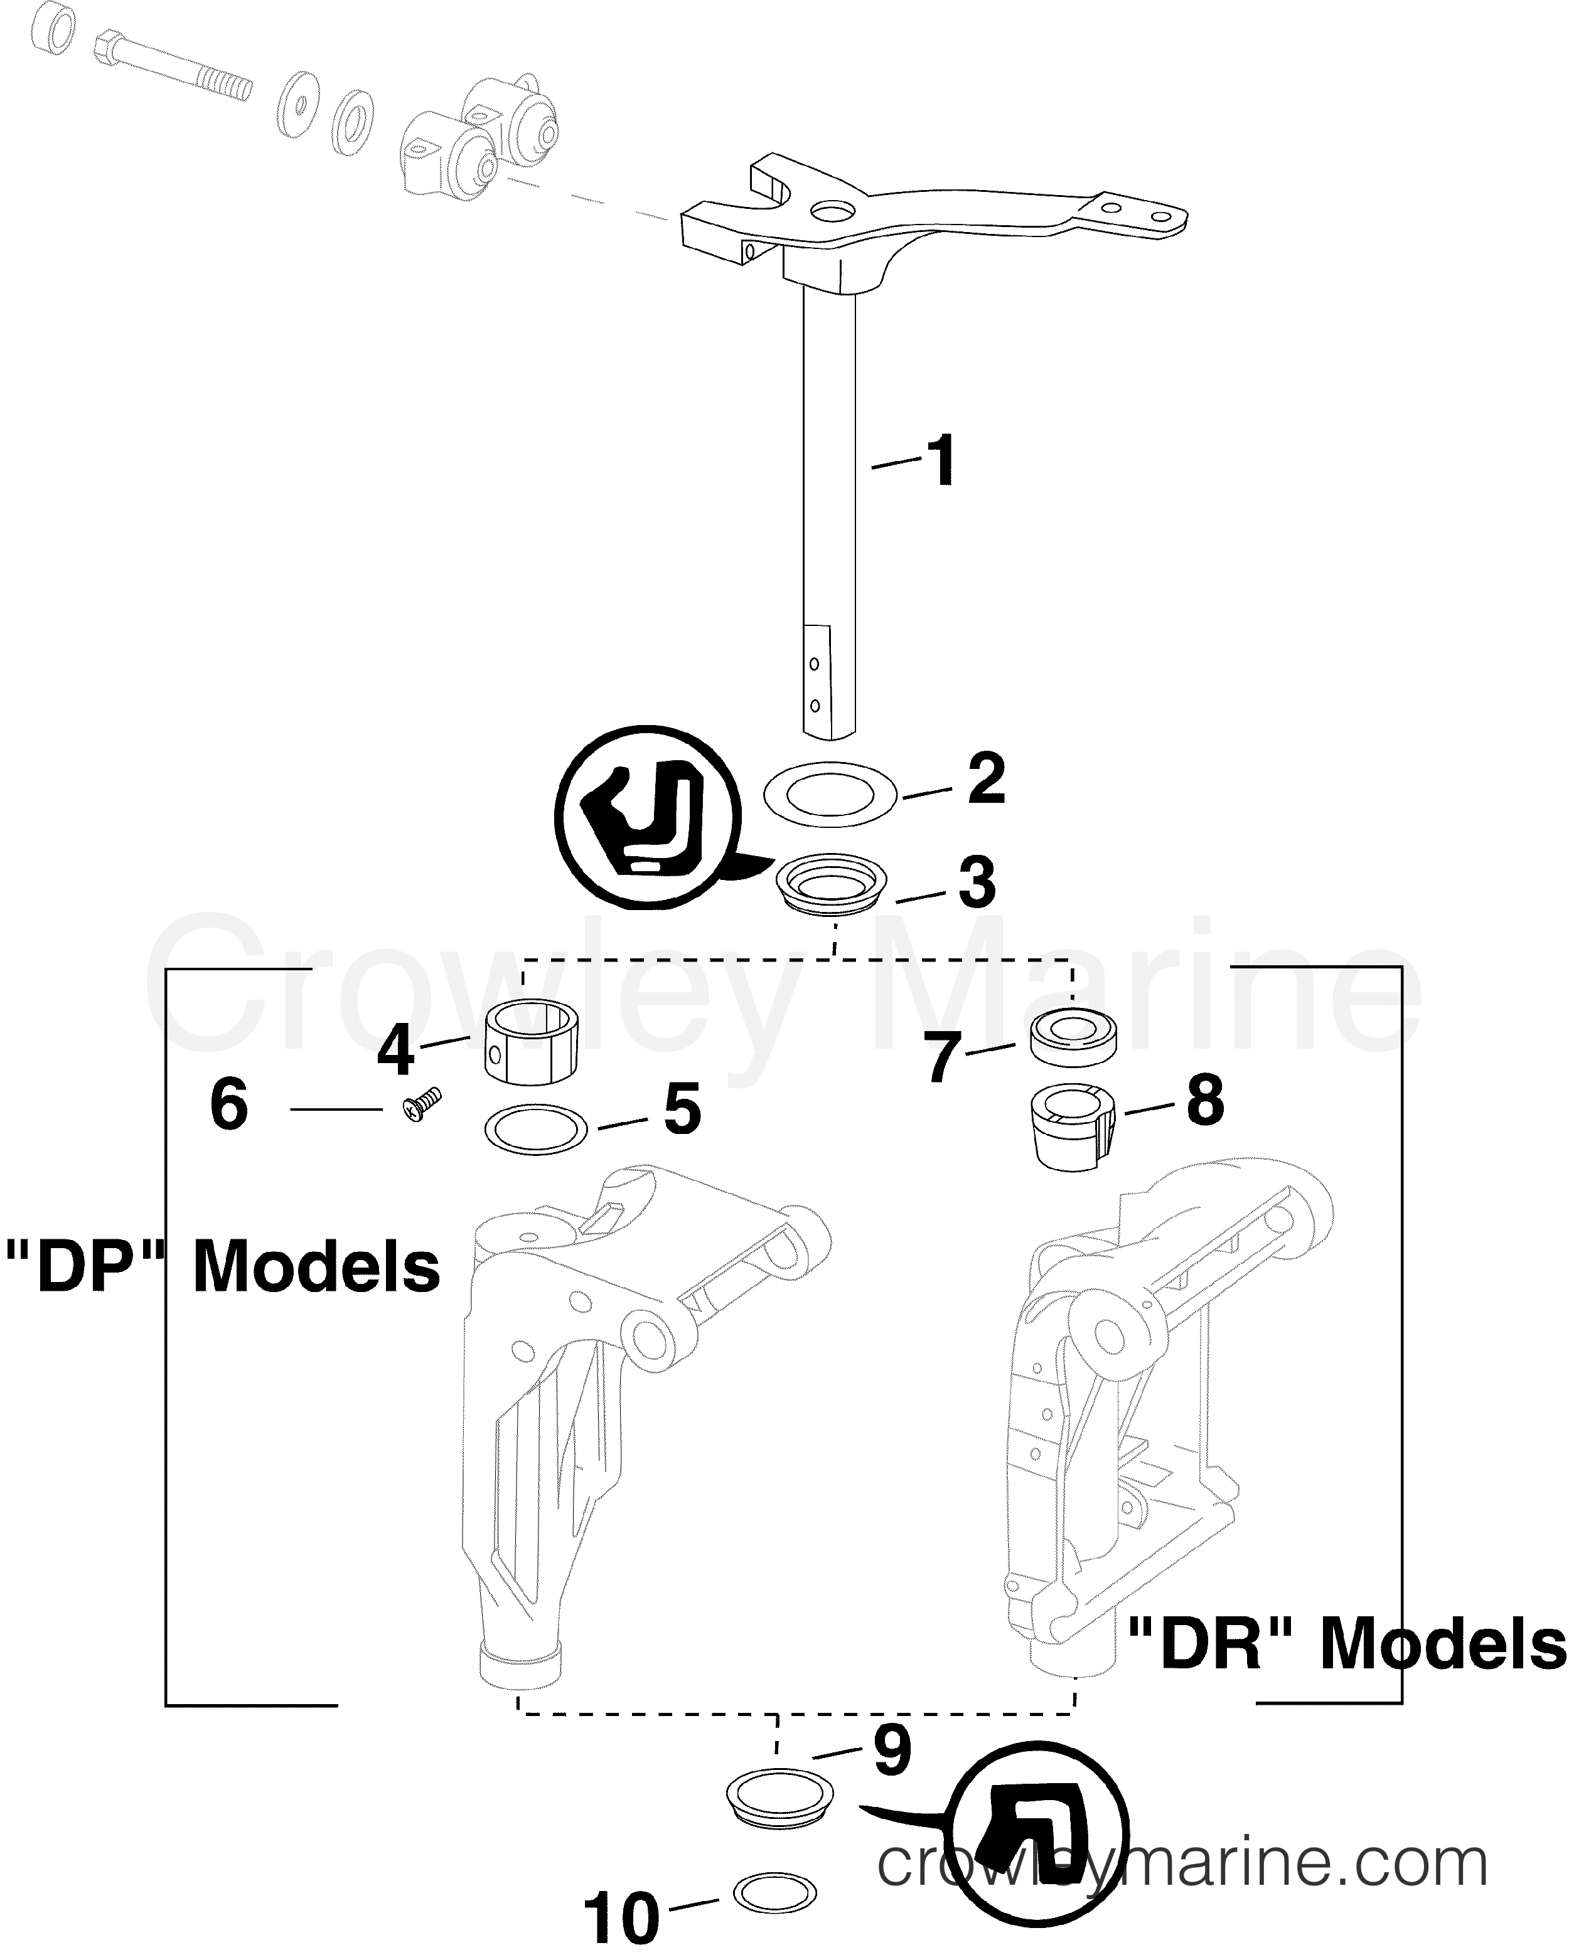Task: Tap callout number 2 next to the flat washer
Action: click(986, 778)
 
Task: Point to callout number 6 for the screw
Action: click(228, 1106)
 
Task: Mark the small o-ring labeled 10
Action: click(774, 1894)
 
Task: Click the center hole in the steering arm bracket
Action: click(828, 213)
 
